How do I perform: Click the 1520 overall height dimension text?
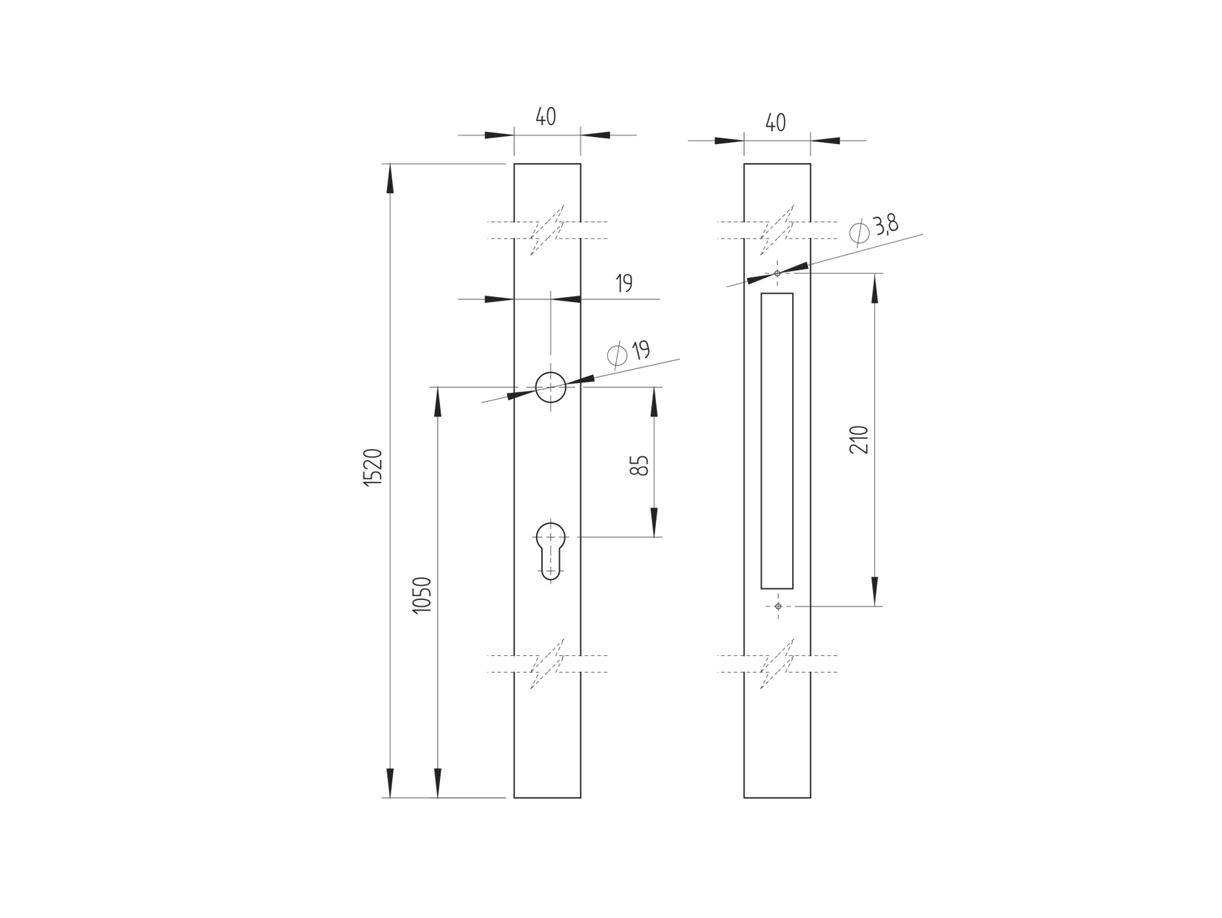[373, 468]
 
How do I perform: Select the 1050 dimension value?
[423, 595]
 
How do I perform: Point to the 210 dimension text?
[859, 440]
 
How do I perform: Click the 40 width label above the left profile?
[546, 116]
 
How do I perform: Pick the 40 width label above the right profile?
[775, 122]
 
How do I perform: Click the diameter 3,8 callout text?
[875, 229]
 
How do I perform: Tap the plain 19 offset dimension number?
[624, 284]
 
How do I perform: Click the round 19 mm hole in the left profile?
[551, 387]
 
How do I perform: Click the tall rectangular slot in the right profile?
[777, 440]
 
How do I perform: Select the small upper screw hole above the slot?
[778, 273]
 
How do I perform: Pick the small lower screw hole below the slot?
[778, 606]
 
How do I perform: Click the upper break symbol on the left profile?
[547, 230]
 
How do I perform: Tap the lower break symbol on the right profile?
[777, 664]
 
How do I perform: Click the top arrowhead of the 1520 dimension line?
[390, 178]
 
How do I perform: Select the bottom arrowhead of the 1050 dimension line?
[438, 783]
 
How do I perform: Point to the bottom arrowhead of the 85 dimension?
[654, 523]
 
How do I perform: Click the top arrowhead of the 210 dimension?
[874, 288]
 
